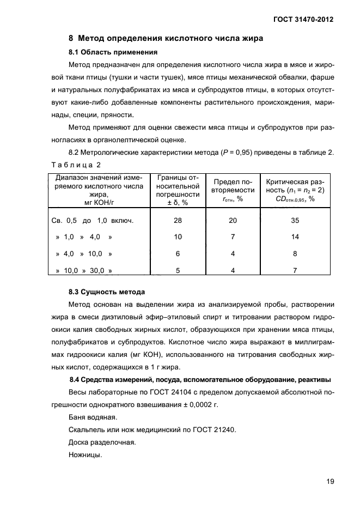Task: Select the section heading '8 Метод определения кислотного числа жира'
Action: (x=166, y=39)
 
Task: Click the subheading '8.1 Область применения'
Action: (x=113, y=53)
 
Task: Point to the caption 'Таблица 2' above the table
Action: (x=76, y=164)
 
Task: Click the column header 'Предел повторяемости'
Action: (x=234, y=190)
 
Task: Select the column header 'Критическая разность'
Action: (x=295, y=190)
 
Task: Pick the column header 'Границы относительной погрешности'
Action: (x=178, y=190)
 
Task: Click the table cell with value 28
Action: (x=178, y=221)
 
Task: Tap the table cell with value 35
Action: (x=295, y=221)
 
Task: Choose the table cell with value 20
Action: (x=233, y=221)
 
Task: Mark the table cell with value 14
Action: (x=295, y=238)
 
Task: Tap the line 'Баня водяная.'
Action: (x=93, y=417)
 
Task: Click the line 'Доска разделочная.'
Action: (x=101, y=442)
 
